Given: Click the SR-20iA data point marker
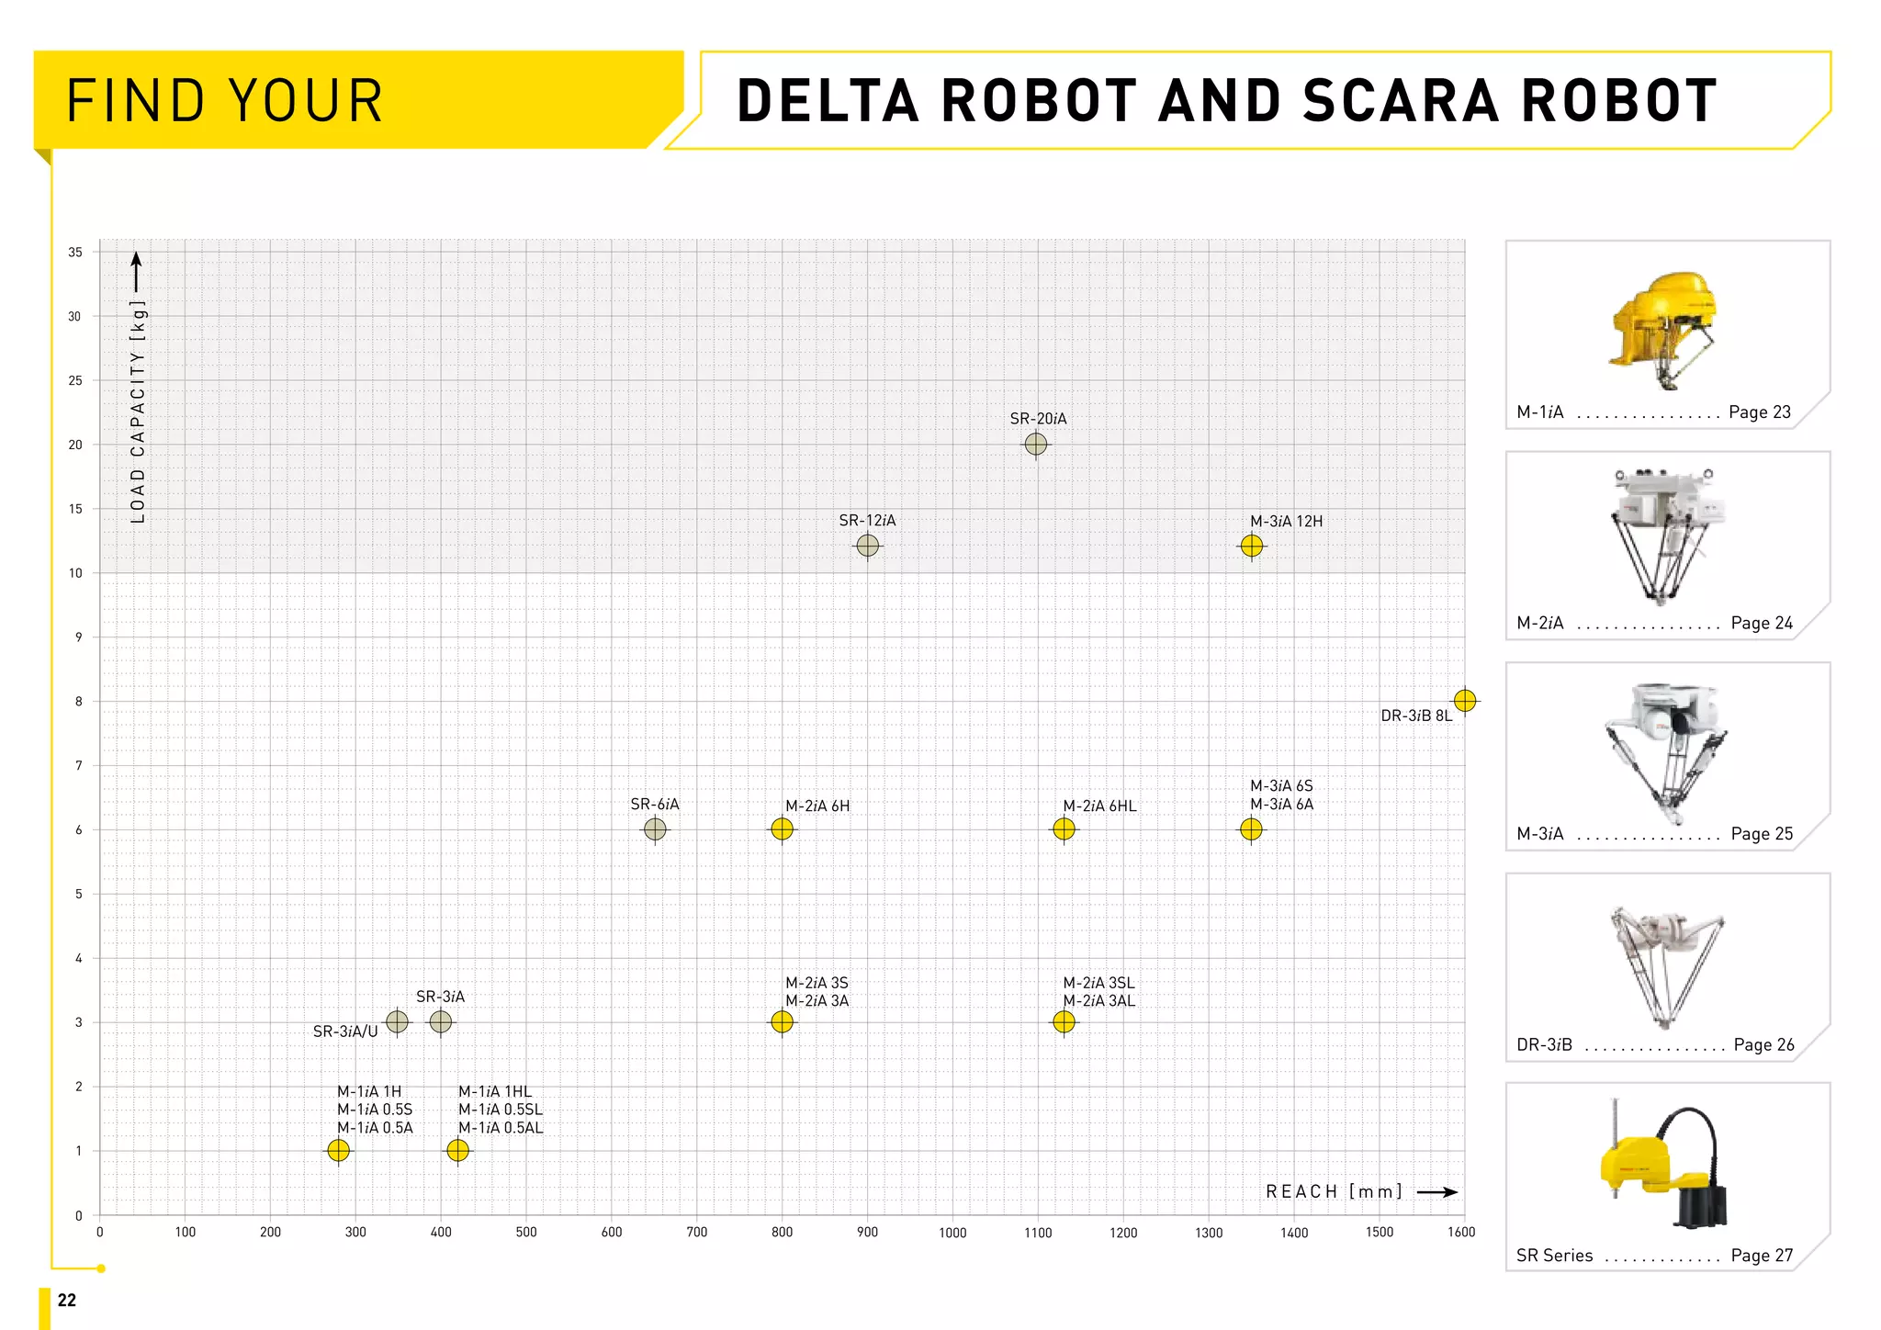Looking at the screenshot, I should click(x=1036, y=444).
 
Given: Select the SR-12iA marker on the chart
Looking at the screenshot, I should click(x=867, y=546).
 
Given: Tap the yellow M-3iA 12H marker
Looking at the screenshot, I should click(x=1252, y=546).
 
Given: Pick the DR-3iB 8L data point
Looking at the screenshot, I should click(x=1465, y=701).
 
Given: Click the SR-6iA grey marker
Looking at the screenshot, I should click(x=655, y=829).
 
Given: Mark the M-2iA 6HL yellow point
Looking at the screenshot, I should click(x=1064, y=829).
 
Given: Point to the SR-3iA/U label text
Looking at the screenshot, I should click(x=345, y=1031).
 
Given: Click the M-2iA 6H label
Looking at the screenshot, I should click(x=817, y=806).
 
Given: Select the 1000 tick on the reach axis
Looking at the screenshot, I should click(x=952, y=1233).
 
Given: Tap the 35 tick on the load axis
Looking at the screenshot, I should click(x=75, y=252).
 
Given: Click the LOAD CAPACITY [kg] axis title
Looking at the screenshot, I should click(x=138, y=411).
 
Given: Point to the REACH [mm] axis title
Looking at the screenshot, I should click(x=1334, y=1191).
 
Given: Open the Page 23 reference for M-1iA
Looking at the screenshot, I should click(x=1759, y=411).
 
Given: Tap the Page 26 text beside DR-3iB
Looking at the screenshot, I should click(x=1763, y=1044).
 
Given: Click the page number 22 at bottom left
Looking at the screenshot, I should click(x=67, y=1300).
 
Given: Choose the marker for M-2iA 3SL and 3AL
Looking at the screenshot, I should click(x=1064, y=1021).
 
